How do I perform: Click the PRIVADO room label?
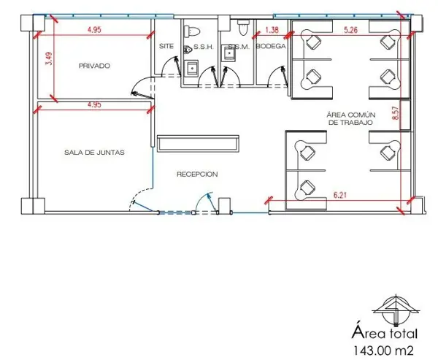coord(94,66)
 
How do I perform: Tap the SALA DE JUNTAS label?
coord(94,153)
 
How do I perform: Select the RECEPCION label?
coord(197,175)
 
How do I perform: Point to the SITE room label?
coord(166,46)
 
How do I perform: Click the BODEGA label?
coord(271,46)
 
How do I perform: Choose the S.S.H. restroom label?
coord(204,47)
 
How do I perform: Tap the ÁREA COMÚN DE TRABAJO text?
coord(351,118)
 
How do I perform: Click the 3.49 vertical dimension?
coord(49,58)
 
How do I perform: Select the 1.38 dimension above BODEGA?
coord(272,30)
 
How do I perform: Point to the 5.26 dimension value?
coord(350,30)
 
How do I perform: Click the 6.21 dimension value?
coord(340,196)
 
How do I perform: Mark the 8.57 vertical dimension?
coord(396,113)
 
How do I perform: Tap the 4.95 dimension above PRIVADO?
coord(94,30)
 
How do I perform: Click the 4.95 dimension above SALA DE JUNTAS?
coord(94,105)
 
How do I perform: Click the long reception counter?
coord(198,144)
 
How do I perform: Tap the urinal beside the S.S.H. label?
coord(187,50)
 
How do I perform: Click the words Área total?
coord(385,333)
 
